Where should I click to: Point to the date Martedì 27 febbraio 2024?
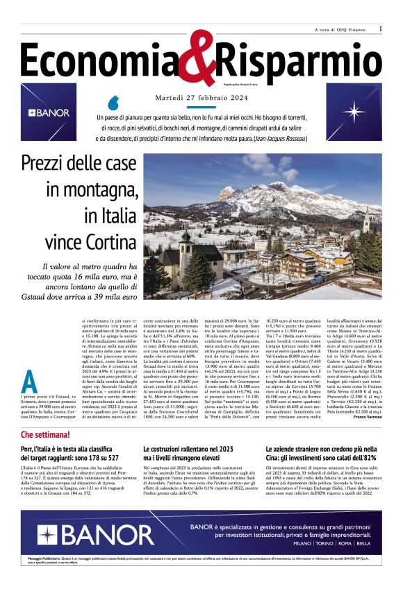point(201,97)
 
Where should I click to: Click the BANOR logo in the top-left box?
point(49,112)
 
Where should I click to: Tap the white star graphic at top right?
point(355,112)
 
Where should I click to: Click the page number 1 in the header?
point(381,29)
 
